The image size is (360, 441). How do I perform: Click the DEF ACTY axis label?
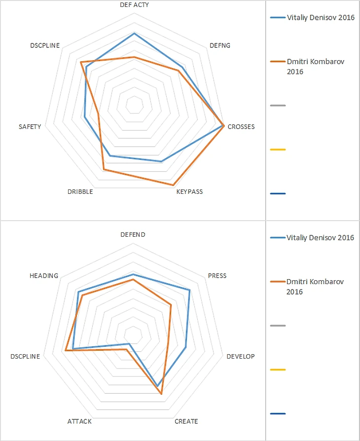tap(134, 4)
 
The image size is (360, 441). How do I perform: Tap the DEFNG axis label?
tap(219, 45)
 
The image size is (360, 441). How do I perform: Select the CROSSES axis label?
tap(241, 127)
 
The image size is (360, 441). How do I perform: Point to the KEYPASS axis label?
tap(189, 192)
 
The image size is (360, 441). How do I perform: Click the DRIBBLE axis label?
tap(80, 192)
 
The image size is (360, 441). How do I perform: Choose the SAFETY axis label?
tap(30, 127)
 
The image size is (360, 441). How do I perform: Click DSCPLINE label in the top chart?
tap(45, 45)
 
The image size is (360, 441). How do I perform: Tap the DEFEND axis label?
tap(133, 235)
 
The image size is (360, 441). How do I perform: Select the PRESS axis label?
tap(217, 276)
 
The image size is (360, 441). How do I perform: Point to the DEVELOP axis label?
tap(241, 356)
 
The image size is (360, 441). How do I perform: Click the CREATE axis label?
tap(186, 421)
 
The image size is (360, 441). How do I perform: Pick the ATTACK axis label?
tap(79, 421)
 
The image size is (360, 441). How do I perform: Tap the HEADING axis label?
tap(43, 276)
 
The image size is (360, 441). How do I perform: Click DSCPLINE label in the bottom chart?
tap(25, 356)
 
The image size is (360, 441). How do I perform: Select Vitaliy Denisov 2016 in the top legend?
tap(320, 17)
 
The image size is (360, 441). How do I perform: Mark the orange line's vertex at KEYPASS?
tap(173, 185)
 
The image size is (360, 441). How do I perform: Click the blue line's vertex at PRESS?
tap(189, 290)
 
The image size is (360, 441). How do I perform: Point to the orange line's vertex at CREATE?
tap(161, 394)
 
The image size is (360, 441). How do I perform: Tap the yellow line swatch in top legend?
tap(278, 149)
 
